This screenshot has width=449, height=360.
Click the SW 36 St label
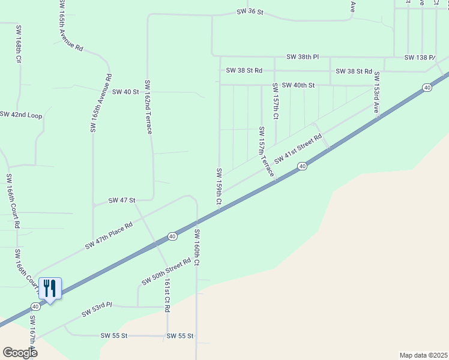(x=250, y=11)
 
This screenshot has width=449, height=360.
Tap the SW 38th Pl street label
(x=303, y=57)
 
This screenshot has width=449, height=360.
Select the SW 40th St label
(x=298, y=85)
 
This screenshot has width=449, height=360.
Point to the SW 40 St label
(x=125, y=92)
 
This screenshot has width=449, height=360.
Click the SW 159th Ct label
(x=219, y=187)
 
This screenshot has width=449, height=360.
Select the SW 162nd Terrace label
(x=148, y=107)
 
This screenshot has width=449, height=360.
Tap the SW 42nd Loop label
(x=22, y=115)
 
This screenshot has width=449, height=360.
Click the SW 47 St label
(x=122, y=200)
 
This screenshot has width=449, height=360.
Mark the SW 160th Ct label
(x=196, y=247)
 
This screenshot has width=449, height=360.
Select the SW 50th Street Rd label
(x=166, y=271)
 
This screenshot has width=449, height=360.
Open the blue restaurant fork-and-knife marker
(x=50, y=289)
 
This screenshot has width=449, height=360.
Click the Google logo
(x=20, y=352)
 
